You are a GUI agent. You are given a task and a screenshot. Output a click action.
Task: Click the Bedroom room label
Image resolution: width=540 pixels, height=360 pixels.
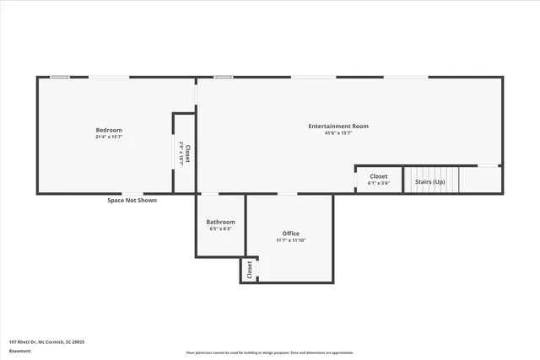pos(109,130)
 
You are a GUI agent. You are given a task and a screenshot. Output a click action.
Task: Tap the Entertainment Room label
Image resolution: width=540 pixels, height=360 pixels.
pos(338,126)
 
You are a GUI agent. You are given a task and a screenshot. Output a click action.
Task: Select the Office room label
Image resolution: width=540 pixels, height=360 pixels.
pos(290,234)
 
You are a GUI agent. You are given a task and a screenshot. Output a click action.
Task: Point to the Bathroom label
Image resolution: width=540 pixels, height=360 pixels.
pos(221,222)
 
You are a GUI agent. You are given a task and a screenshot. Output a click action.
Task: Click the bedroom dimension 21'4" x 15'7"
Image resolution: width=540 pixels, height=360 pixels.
pos(109,137)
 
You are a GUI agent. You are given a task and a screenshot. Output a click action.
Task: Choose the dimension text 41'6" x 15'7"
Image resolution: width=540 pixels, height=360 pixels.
pos(338,133)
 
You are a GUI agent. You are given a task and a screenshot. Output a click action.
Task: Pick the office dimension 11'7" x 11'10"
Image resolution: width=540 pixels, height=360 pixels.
pos(290,240)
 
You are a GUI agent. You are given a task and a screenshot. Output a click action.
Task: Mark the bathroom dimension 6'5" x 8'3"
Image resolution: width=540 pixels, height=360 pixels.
pos(221,228)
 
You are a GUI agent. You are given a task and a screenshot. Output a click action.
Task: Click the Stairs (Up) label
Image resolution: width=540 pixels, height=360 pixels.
pos(429,180)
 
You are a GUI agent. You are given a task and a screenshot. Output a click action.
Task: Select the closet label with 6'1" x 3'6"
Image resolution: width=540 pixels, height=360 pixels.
pos(379,176)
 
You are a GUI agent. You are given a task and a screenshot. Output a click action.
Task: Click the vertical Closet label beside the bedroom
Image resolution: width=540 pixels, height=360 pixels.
pos(188,153)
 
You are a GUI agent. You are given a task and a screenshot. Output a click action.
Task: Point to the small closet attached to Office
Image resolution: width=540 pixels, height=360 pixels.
pos(250,271)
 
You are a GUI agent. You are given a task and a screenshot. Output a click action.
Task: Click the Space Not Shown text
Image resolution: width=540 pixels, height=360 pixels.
pos(132,200)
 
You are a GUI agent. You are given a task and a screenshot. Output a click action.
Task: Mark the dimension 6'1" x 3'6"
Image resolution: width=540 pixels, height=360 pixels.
pos(379,183)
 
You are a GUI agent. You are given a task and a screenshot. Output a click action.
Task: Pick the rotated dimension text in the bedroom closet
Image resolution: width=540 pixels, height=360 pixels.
pos(181,153)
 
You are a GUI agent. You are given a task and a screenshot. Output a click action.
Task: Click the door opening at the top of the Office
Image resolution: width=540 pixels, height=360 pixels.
pos(288,195)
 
